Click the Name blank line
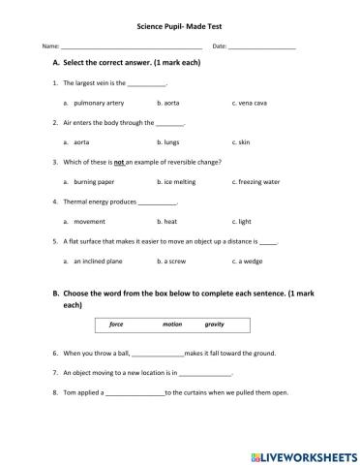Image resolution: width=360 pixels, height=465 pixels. coord(132,46)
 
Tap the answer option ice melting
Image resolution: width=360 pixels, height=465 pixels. coord(176,181)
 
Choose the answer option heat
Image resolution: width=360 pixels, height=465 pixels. coord(169,221)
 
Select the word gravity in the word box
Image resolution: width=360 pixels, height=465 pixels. coord(214,325)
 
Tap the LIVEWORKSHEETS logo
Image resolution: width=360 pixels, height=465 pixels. coord(303,452)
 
